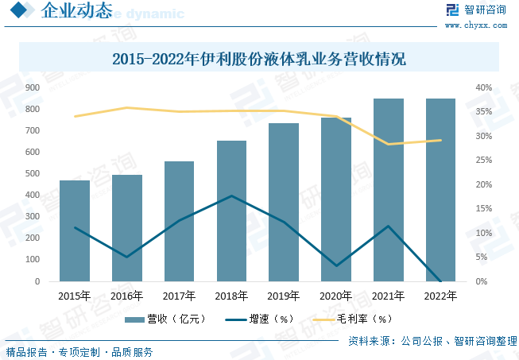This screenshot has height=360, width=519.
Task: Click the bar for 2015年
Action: click(75, 230)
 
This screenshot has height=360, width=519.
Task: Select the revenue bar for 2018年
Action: click(231, 211)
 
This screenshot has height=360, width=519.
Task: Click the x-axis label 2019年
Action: click(284, 296)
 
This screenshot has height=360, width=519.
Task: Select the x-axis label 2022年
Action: click(440, 296)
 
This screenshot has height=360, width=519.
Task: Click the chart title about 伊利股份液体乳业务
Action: click(259, 59)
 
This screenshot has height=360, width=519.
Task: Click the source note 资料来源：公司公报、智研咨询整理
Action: click(432, 341)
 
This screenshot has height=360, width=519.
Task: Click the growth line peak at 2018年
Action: click(231, 195)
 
